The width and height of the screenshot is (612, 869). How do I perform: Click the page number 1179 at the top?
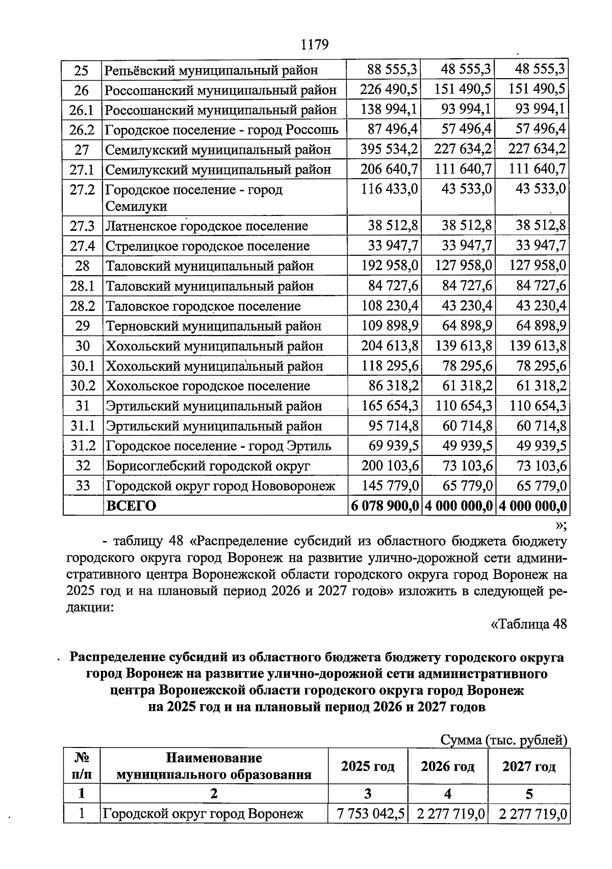(x=315, y=45)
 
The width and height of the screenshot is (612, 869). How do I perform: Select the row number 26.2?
(x=82, y=130)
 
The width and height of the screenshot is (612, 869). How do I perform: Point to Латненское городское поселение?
(x=207, y=226)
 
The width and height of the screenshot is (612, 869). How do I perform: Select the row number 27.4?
(x=82, y=246)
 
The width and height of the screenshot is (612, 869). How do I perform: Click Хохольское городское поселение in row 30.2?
(x=208, y=386)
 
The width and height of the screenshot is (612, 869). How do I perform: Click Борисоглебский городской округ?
(x=208, y=466)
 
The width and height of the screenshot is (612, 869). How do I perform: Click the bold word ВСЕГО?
(x=131, y=506)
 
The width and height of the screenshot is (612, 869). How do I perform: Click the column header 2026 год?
(x=447, y=766)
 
